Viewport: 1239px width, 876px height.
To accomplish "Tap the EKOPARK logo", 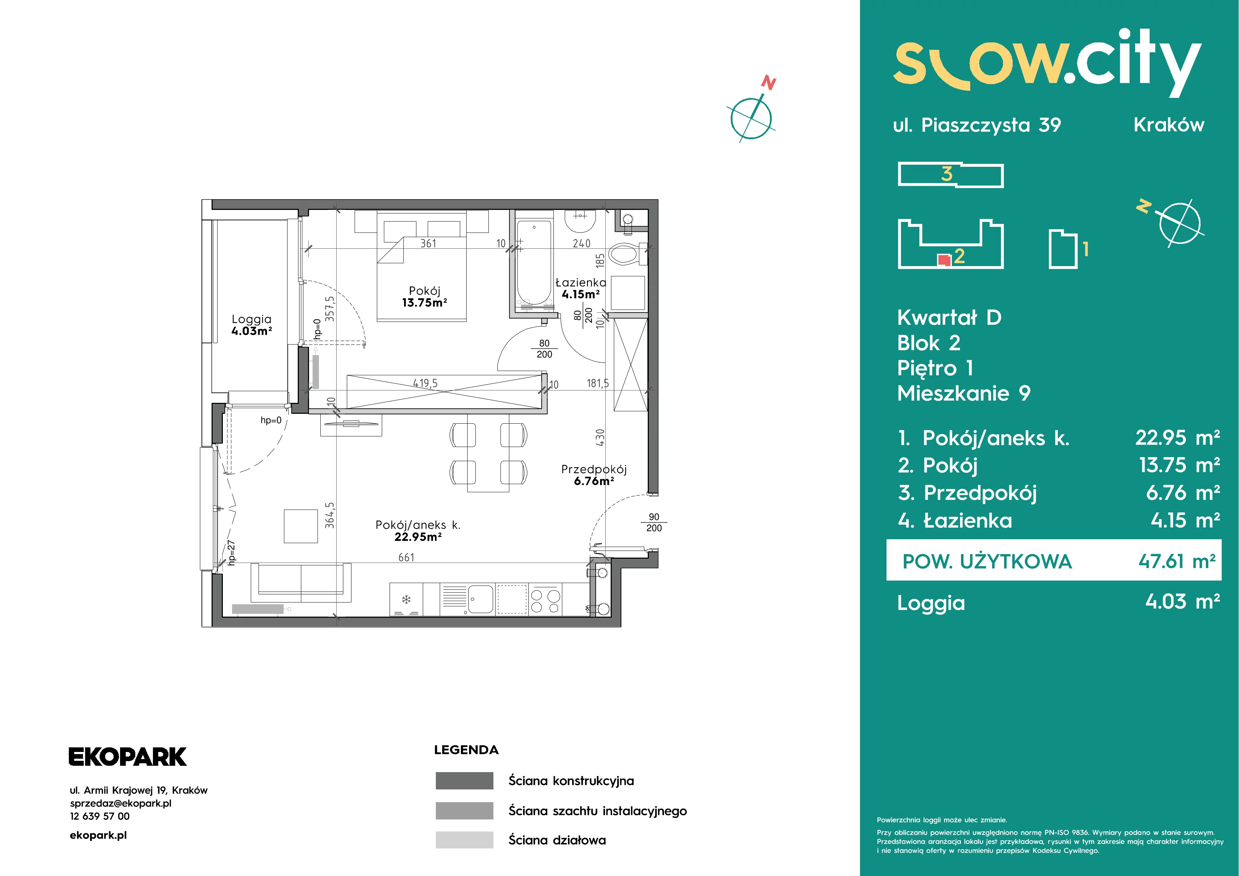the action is coord(128,757).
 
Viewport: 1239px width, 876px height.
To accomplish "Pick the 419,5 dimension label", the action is coord(425,383).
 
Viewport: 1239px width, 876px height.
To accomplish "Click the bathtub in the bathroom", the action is coord(534,264).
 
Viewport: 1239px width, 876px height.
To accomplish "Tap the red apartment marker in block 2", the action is coord(944,260).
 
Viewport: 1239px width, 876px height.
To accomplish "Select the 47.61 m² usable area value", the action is coord(1177,562).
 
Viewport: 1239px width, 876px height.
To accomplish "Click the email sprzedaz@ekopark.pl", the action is coord(121,803).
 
